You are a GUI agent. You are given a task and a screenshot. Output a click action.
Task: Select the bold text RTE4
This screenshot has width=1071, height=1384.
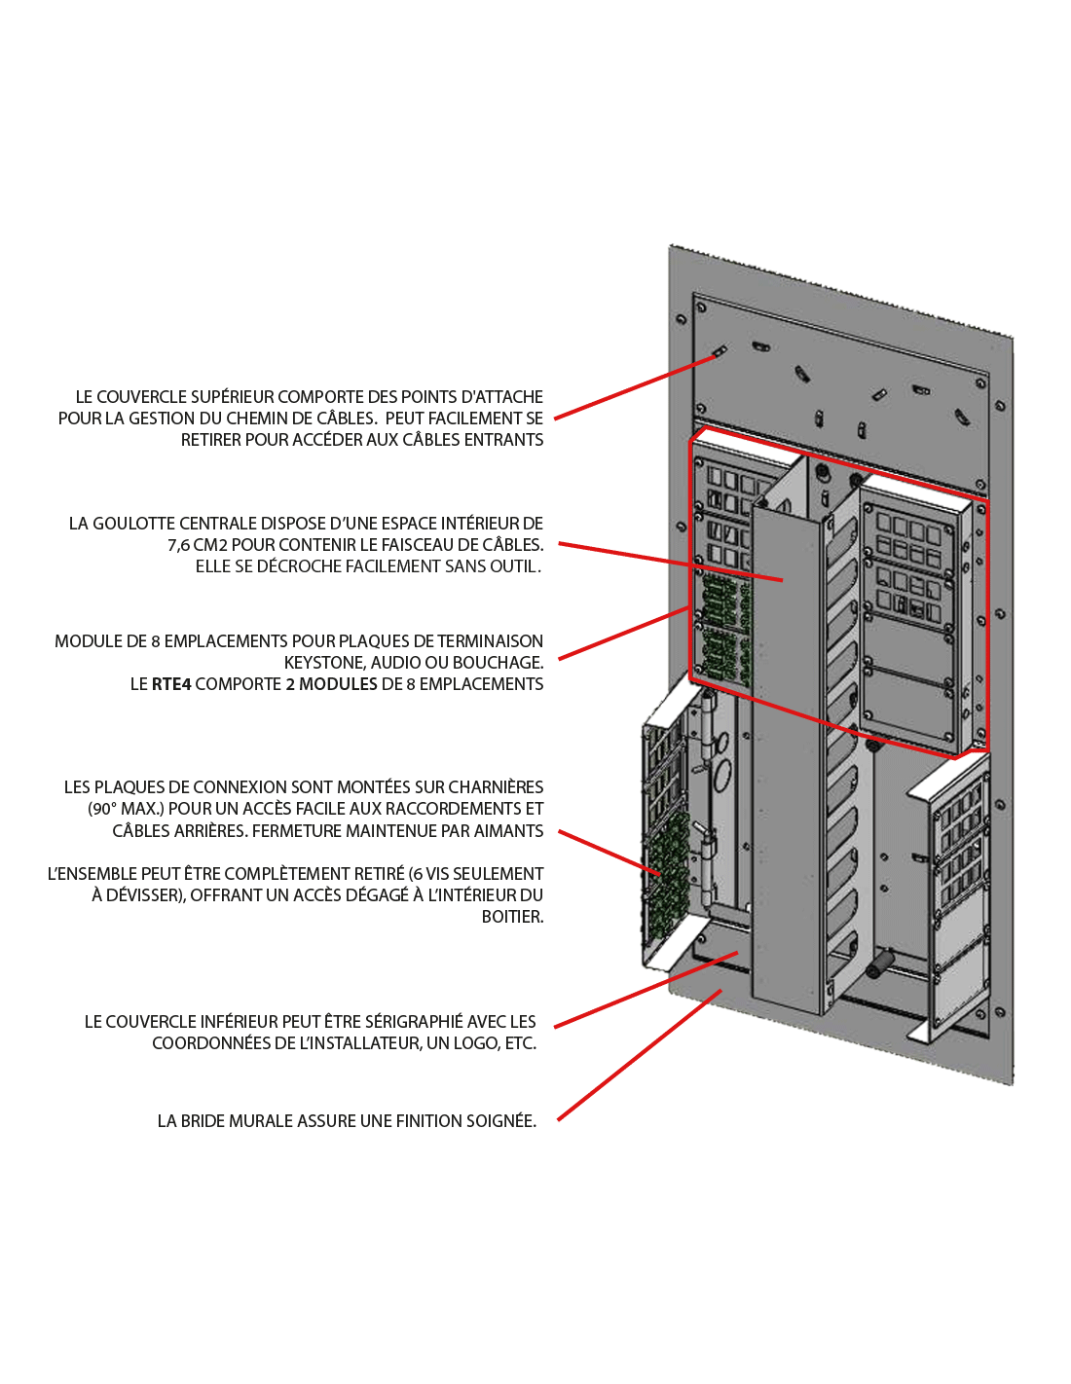click(171, 684)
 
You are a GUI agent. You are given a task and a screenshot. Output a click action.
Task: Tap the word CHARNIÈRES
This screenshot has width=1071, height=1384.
click(496, 787)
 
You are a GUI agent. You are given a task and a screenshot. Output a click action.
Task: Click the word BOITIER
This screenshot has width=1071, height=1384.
click(512, 917)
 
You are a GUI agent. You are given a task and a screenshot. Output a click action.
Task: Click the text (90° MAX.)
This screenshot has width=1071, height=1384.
click(126, 809)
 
